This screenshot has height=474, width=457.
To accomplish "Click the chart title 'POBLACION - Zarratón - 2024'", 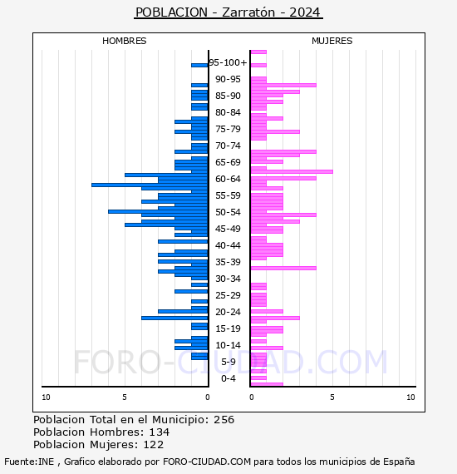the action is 228,12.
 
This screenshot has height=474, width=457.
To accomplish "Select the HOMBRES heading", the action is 124,41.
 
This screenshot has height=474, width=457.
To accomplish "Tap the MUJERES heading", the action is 332,41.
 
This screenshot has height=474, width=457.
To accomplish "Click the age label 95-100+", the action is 228,62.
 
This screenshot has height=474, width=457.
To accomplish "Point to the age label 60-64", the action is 228,179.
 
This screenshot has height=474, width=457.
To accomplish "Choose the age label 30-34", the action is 228,279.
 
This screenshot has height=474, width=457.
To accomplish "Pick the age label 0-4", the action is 228,378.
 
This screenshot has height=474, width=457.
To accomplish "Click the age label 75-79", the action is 228,129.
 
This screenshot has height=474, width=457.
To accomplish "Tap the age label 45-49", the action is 228,229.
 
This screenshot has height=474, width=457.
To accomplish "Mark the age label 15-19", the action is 228,328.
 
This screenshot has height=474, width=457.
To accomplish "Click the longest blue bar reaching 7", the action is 150,185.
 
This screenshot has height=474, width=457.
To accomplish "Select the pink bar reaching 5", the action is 292,171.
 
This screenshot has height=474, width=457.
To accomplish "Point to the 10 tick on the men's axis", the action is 46,397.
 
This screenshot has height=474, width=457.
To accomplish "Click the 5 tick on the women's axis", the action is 332,397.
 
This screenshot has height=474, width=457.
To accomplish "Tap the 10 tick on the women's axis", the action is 410,397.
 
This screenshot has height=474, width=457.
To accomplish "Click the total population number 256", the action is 224,420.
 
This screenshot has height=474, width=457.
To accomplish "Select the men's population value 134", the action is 160,432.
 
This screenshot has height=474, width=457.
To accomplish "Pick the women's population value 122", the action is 154,444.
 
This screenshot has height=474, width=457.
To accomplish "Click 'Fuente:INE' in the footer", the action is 29,462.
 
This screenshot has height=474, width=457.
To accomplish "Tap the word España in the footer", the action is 399,462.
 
